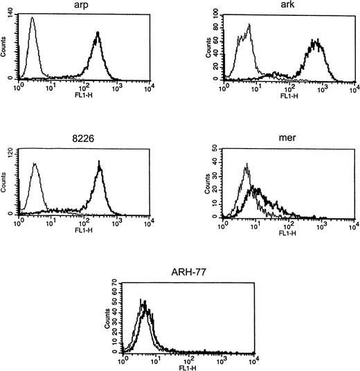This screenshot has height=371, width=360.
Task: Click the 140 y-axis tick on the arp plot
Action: (x=11, y=19)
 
